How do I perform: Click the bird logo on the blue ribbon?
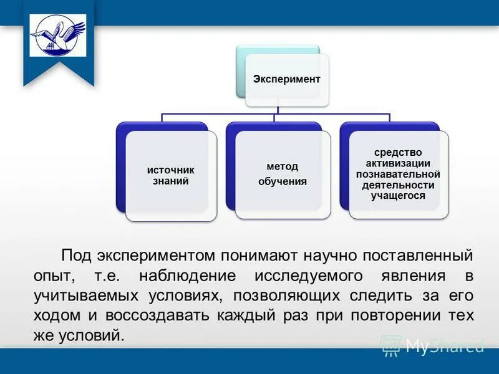tap(58, 35)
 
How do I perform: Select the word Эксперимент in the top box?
tap(286, 79)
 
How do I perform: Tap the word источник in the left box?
tap(171, 170)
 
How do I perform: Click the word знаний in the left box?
tap(171, 181)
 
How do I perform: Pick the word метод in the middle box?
tap(283, 166)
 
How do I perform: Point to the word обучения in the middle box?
tap(283, 182)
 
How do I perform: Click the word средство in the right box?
tap(398, 152)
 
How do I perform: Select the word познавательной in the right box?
tap(398, 174)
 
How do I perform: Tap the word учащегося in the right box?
tap(398, 196)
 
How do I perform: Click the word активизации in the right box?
tap(398, 163)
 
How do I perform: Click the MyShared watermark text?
tap(444, 345)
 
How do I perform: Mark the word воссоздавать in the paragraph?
tap(158, 315)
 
